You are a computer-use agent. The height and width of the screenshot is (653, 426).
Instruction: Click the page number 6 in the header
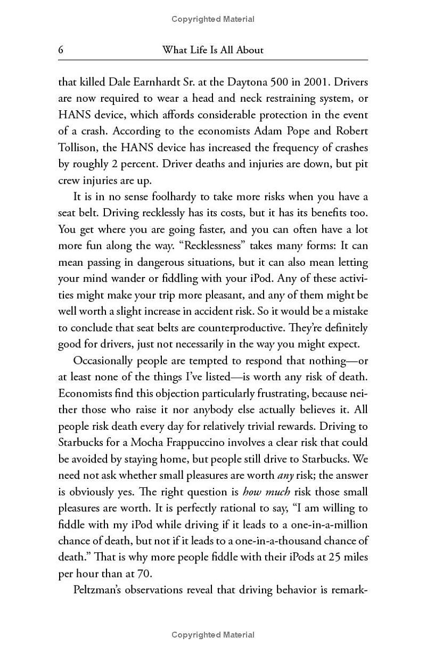coord(61,50)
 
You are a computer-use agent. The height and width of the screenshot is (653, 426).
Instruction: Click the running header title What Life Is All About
coord(212,50)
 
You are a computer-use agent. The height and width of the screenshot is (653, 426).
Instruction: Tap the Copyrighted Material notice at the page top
coord(213,19)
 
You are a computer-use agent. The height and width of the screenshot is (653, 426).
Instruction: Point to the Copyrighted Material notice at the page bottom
coord(213,634)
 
